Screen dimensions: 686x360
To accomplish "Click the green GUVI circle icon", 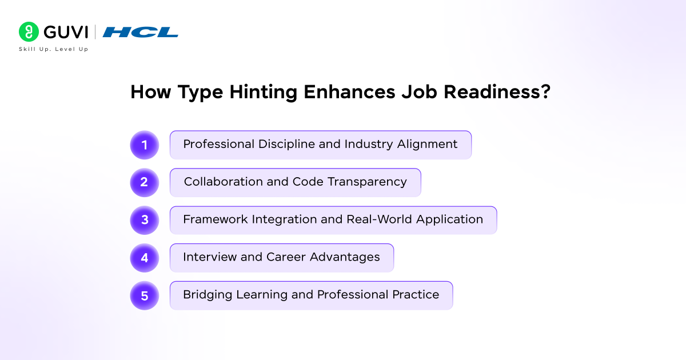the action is [x=29, y=32].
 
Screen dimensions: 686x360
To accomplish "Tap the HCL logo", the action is [x=140, y=32].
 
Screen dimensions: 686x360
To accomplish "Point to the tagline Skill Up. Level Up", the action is [x=54, y=49].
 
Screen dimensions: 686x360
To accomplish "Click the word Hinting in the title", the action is [x=263, y=92].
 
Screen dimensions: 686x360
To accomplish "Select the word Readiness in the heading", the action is [x=497, y=92].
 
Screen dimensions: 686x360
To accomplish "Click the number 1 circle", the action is [x=145, y=145].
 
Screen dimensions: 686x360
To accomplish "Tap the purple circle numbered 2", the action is [x=145, y=182].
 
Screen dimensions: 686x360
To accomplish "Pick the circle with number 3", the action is [x=145, y=220].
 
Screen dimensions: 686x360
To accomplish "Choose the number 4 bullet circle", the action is [x=145, y=258].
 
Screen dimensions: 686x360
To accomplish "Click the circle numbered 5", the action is [x=145, y=295].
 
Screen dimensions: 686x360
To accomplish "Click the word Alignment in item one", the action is [x=427, y=145].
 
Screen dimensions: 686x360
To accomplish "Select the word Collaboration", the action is [x=224, y=182].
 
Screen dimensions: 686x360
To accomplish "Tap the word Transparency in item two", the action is [x=367, y=182].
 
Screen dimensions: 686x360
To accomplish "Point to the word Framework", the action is [x=216, y=219].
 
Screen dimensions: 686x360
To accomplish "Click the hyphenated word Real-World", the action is [x=379, y=219].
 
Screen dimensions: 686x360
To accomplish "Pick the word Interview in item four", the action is [x=210, y=257].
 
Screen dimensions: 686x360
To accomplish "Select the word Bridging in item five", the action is [x=208, y=295].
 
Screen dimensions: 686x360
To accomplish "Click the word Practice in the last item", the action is [x=416, y=295].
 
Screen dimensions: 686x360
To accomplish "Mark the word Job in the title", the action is [x=419, y=92].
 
